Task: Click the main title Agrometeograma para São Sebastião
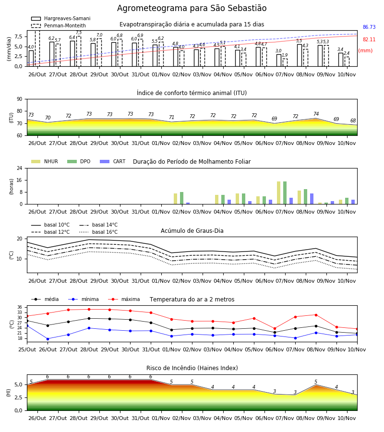(x=192, y=8)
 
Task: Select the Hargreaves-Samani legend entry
(x=60, y=18)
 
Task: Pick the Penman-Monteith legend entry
(x=59, y=25)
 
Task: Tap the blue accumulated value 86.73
(x=369, y=27)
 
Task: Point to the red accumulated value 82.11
(x=369, y=39)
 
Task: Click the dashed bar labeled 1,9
(x=285, y=62)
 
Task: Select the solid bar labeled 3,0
(x=279, y=60)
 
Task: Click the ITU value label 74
(x=316, y=114)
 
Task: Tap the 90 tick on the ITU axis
(x=20, y=99)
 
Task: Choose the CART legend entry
(x=113, y=161)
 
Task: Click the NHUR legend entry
(x=45, y=161)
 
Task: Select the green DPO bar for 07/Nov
(x=285, y=193)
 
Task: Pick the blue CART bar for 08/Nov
(x=312, y=199)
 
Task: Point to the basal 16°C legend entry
(x=98, y=232)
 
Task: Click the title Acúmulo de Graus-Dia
(x=192, y=231)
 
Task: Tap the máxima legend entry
(x=124, y=299)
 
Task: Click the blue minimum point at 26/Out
(x=48, y=339)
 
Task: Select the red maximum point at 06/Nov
(x=275, y=328)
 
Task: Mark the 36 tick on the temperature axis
(x=20, y=307)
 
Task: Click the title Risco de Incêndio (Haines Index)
(x=192, y=368)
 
